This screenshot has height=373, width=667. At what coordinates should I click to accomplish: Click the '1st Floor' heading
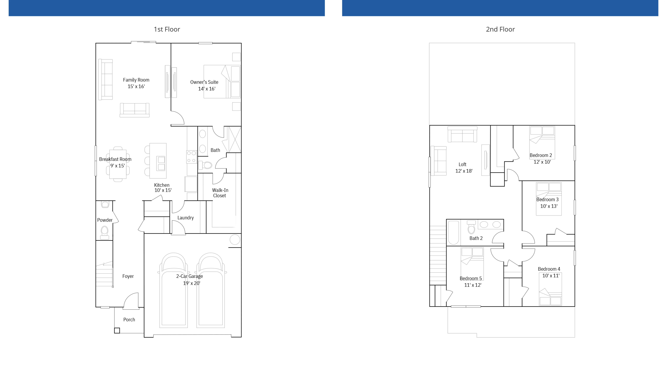point(167,29)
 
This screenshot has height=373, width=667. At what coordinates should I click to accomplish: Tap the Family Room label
point(136,80)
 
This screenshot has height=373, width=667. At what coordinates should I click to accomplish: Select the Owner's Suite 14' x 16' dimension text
point(207,89)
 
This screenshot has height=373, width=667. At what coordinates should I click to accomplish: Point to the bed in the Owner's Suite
point(222,82)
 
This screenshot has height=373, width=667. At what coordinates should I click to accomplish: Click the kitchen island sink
point(161,163)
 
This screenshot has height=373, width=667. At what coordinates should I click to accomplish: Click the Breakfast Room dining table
point(118,164)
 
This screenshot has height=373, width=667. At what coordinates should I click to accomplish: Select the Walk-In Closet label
point(220,193)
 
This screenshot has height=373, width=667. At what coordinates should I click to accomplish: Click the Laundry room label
point(185,218)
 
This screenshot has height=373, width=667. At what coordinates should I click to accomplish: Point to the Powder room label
point(105,220)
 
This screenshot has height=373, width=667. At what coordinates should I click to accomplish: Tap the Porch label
point(129,320)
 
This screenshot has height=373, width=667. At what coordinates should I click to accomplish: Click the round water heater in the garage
point(235,240)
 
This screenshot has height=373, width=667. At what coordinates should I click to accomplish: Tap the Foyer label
point(128,276)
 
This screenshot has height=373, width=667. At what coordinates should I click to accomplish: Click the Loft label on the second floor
point(462,164)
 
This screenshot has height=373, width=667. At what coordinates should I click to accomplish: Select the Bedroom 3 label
point(547,200)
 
